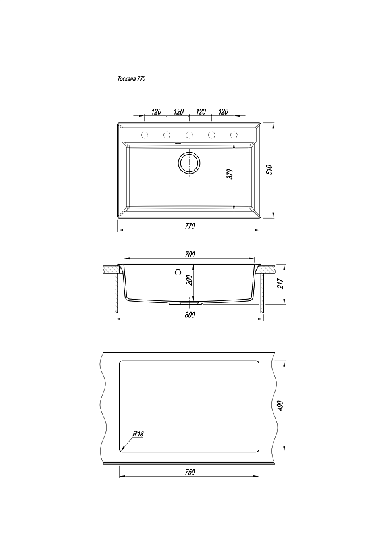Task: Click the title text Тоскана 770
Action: tap(131, 79)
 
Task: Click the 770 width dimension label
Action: tap(190, 226)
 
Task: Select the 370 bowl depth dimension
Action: tap(230, 174)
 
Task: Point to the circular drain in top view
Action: tap(190, 163)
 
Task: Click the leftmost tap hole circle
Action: tap(145, 135)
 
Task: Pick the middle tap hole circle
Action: tap(190, 135)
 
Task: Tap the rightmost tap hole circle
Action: tap(234, 135)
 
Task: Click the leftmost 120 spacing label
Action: tap(156, 112)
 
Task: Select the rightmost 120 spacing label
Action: tap(223, 112)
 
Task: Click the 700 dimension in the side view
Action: tap(190, 254)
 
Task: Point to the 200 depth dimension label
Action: tap(189, 280)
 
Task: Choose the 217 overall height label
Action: tap(280, 284)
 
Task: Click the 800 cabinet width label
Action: tap(190, 315)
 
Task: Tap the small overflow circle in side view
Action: tap(178, 272)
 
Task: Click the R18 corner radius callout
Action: tap(138, 434)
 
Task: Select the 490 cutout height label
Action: tap(280, 406)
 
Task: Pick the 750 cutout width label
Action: tap(190, 472)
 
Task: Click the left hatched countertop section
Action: tap(113, 269)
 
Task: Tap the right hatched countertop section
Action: tap(267, 269)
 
